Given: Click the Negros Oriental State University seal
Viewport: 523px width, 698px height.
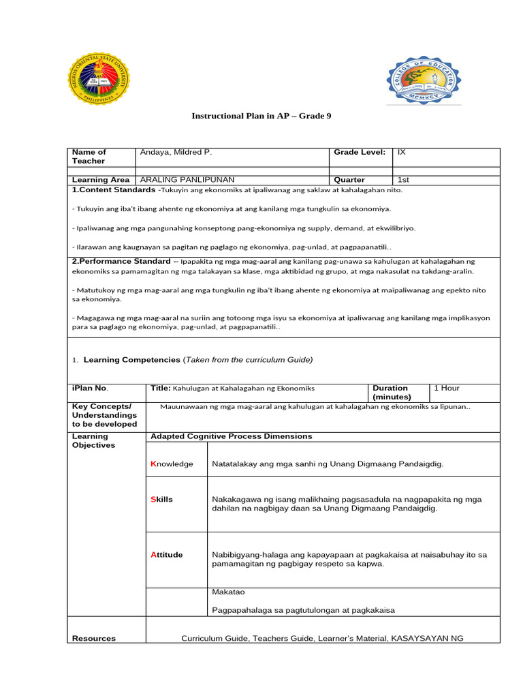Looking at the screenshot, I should coord(99,80).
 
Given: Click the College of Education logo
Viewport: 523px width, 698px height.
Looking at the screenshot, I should coord(424,81).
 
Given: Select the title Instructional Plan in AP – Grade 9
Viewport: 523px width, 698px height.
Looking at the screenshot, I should coord(261,116).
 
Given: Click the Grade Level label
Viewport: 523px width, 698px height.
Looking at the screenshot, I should coord(360,153).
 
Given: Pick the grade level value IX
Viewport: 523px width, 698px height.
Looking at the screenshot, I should coord(402,153).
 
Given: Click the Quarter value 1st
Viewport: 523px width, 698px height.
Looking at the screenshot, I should coord(403,180).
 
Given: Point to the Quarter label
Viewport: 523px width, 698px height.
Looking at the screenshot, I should coord(349,180).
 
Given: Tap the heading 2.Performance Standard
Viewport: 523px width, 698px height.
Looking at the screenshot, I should coord(121,262).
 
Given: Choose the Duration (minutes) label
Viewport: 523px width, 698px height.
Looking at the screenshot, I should coord(391,393).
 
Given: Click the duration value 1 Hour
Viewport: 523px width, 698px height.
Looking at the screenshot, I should coord(447,389).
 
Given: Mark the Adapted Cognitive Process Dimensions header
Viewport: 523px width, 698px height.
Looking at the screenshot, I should coord(231,436).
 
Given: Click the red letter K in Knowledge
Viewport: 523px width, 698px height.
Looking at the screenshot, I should coord(153,464).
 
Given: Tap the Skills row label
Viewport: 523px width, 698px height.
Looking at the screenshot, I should coord(161,500).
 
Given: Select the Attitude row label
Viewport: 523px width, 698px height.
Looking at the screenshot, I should coord(166,555).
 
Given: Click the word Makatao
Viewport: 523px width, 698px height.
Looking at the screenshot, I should coord(229,592).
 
